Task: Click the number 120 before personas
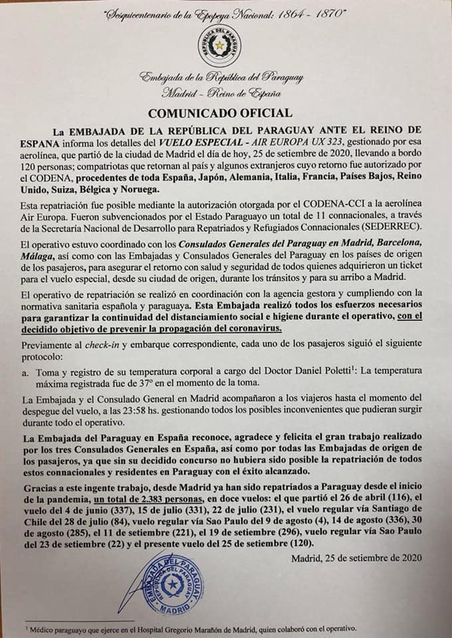(33, 165)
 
